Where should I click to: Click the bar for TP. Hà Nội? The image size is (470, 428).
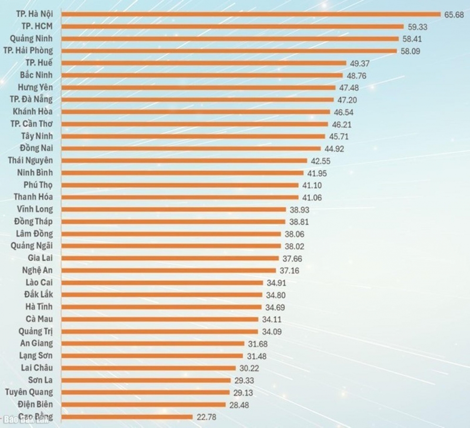pos(251,14)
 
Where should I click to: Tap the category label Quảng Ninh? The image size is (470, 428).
pos(31,39)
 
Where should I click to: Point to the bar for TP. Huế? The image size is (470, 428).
pos(203,63)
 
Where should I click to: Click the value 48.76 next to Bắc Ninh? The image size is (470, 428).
pos(357,76)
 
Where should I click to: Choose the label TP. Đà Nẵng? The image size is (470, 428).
pos(31,100)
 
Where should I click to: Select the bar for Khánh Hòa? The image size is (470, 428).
pos(196,112)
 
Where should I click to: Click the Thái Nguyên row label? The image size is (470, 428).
pos(30,160)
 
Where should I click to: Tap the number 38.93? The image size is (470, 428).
pos(299,210)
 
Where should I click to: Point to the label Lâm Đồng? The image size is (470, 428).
pos(34,234)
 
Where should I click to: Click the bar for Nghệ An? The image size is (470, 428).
pos(168,271)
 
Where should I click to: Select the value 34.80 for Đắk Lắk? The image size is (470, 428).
pos(276,295)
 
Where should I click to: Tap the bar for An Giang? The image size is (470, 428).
pos(153,344)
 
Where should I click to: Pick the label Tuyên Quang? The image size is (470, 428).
pos(29,392)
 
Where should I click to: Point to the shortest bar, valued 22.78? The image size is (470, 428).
pos(127,417)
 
